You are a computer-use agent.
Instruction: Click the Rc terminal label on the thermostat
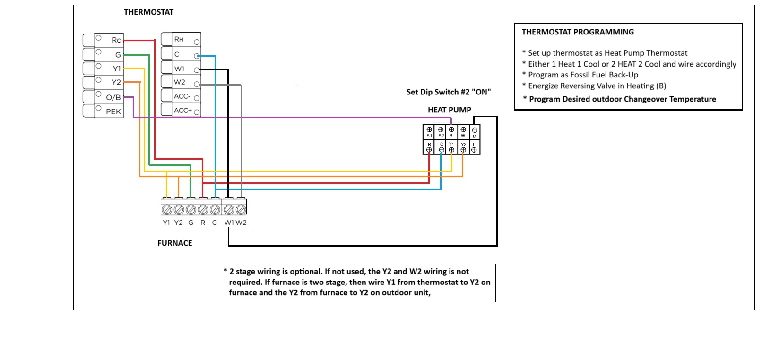pyautogui.click(x=116, y=40)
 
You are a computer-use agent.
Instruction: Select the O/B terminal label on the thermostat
pyautogui.click(x=113, y=97)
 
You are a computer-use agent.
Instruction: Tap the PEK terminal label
pyautogui.click(x=113, y=111)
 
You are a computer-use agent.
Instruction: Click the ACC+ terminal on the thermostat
pyautogui.click(x=183, y=111)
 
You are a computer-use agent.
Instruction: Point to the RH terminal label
pyautogui.click(x=179, y=39)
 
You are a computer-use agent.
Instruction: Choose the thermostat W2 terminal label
pyautogui.click(x=180, y=82)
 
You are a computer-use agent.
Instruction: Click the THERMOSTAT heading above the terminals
pyautogui.click(x=148, y=12)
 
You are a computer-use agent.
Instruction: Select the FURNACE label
pyautogui.click(x=174, y=243)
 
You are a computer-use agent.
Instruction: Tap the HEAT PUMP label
pyautogui.click(x=449, y=110)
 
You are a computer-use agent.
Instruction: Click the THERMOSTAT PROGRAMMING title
pyautogui.click(x=578, y=32)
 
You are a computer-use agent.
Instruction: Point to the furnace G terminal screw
pyautogui.click(x=191, y=209)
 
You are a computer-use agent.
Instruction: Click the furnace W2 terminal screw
pyautogui.click(x=241, y=209)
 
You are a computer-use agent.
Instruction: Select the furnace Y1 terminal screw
pyautogui.click(x=167, y=209)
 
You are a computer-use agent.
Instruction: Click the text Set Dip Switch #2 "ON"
pyautogui.click(x=449, y=92)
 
